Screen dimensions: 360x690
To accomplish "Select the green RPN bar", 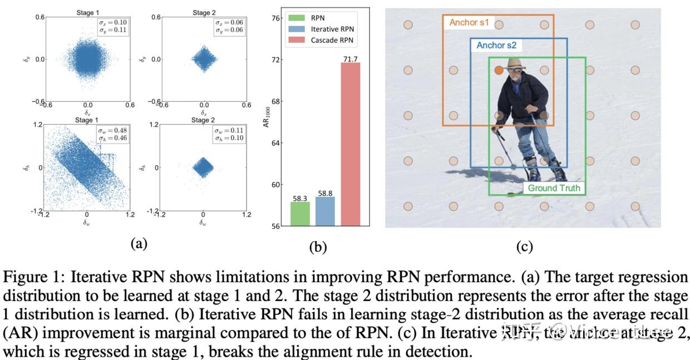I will [300, 214].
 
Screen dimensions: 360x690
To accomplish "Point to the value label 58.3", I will [300, 198].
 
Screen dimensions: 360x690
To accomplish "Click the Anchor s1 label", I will [469, 23].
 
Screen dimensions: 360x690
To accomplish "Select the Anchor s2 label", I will [496, 46].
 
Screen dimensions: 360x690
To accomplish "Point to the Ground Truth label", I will [553, 188].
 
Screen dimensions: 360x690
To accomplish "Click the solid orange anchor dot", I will [499, 70].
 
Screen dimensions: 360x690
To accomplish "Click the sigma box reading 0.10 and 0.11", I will [113, 26].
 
